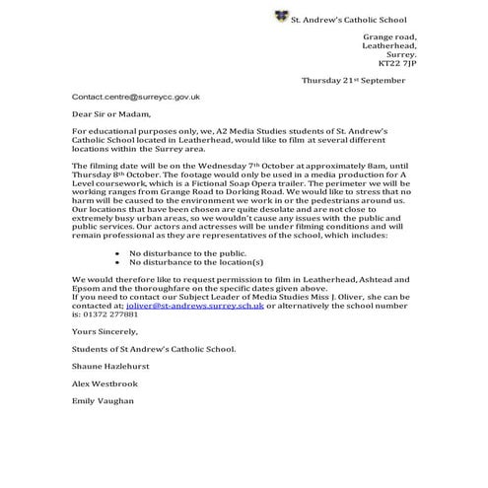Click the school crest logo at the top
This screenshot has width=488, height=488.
[281, 18]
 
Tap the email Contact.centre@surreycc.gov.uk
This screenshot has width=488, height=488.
[136, 98]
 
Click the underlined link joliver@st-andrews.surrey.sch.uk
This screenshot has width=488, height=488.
[193, 308]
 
